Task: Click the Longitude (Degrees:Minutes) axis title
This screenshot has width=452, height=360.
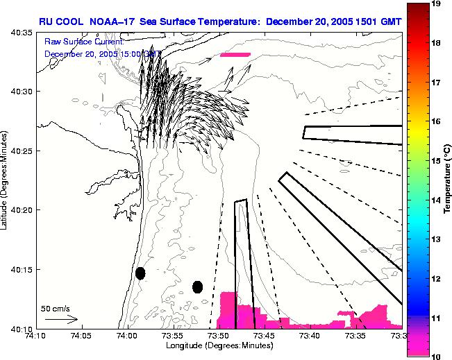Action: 218,345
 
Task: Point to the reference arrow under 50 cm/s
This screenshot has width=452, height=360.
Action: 60,319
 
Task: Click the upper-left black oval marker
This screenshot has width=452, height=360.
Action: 140,273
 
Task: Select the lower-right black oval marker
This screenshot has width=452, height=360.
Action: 197,286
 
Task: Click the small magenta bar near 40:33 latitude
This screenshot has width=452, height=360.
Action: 234,54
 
